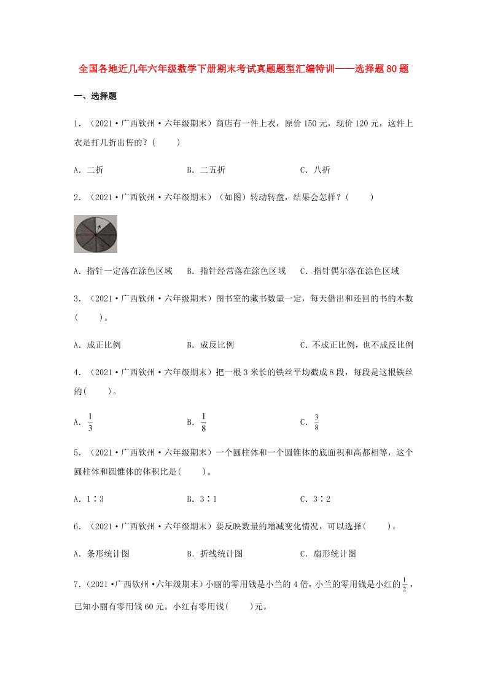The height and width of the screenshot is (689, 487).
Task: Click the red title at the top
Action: (244, 70)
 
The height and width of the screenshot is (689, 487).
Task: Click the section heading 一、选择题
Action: (95, 96)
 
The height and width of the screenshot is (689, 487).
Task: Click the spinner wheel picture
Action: (95, 235)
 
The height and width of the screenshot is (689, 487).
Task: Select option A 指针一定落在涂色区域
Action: (123, 271)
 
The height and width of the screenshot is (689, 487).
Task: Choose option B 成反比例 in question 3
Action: (210, 344)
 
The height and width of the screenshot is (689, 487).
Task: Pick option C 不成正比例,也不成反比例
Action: (356, 344)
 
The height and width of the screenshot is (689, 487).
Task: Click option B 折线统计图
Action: (215, 553)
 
